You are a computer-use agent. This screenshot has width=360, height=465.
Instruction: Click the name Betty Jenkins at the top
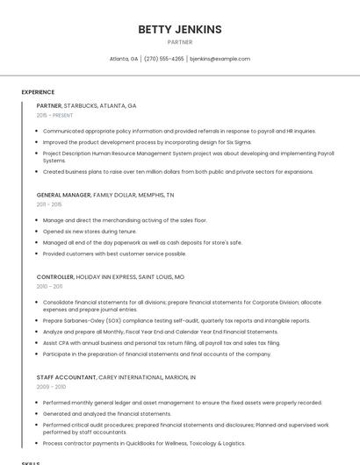[x=179, y=29]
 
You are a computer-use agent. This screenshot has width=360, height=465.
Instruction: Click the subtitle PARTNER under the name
[x=179, y=41]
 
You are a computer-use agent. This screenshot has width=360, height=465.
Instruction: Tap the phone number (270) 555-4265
[x=164, y=59]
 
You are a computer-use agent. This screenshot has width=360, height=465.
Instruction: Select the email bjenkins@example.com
[x=220, y=59]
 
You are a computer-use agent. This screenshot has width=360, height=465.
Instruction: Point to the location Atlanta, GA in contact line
[x=123, y=59]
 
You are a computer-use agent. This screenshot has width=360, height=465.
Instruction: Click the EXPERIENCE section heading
[x=38, y=92]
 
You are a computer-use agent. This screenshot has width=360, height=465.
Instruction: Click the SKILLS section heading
[x=31, y=462]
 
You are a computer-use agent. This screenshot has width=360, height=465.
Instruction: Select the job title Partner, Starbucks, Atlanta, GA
[x=86, y=105]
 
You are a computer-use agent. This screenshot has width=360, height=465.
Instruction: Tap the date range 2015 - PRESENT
[x=55, y=115]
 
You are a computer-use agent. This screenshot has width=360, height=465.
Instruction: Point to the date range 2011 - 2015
[x=49, y=204]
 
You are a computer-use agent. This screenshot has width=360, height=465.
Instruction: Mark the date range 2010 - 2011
[x=49, y=286]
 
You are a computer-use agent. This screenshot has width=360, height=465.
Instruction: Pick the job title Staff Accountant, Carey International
[x=116, y=376]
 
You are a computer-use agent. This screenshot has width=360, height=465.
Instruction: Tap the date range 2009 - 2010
[x=51, y=386]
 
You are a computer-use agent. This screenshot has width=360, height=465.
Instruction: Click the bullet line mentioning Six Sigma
[x=134, y=141]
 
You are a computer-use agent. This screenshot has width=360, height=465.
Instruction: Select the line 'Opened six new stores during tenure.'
[x=90, y=232]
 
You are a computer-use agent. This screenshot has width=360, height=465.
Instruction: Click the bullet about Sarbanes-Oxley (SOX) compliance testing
[x=176, y=321]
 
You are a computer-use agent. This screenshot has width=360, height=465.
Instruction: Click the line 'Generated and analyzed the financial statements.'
[x=106, y=413]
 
